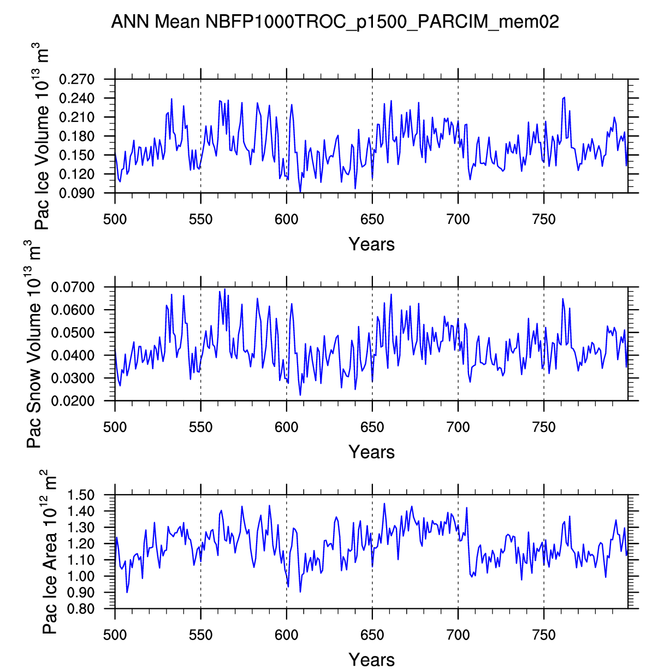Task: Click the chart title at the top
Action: (335, 22)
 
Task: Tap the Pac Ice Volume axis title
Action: (42, 139)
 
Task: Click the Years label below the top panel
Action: (371, 244)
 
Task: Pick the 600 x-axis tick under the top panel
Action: (286, 220)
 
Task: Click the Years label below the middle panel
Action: (371, 452)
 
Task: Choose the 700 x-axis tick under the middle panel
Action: (458, 427)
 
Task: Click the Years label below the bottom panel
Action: (371, 659)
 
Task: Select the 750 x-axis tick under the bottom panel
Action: (543, 635)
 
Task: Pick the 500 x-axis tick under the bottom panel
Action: (115, 635)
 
